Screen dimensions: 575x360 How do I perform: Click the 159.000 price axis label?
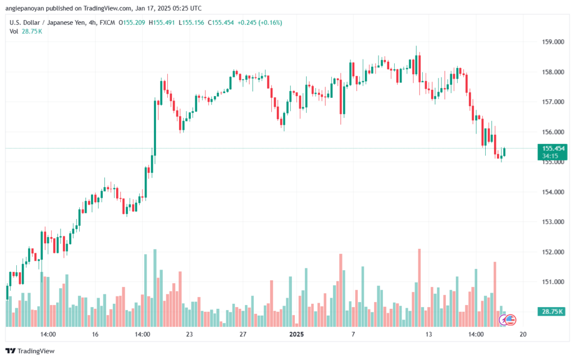pos(553,42)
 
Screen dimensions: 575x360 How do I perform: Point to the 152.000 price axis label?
pos(553,252)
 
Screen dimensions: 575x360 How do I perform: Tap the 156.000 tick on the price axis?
pos(553,132)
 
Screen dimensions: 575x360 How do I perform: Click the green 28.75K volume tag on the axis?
pos(551,312)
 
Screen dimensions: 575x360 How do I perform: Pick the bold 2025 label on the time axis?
pos(296,334)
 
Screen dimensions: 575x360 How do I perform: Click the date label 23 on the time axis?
pos(189,334)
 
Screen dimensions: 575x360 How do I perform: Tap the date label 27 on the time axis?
pos(243,334)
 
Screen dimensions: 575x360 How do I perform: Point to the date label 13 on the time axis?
pos(428,334)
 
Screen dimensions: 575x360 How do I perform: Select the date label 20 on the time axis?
pos(523,334)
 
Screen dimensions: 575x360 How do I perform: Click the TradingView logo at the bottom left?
pos(30,351)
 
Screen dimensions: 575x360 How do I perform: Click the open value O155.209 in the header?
pos(131,22)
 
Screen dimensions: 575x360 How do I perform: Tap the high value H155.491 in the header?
pos(162,22)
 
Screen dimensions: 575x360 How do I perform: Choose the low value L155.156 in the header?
pos(191,22)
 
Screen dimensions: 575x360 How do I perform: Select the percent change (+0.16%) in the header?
pos(270,22)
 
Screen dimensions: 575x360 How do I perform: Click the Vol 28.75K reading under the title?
pos(26,31)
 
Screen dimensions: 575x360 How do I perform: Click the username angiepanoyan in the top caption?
pos(25,8)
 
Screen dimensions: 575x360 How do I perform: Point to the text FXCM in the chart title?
pos(107,22)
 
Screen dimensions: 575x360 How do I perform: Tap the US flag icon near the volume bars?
pos(510,320)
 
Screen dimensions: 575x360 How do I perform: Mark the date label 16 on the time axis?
pos(95,334)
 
